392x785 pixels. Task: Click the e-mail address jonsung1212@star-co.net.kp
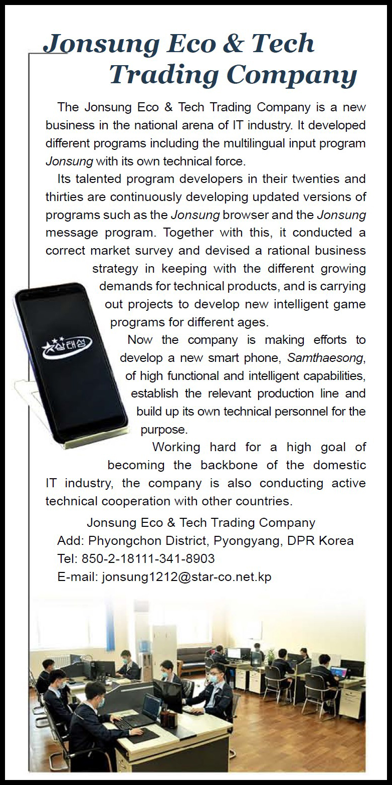pos(186,576)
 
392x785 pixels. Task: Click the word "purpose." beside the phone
pos(163,430)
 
